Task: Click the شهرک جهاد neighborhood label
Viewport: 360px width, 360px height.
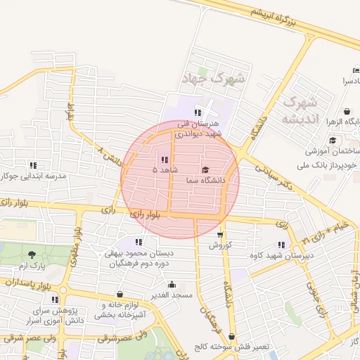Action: coord(214,78)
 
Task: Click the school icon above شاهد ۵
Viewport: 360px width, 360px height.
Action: coord(165,160)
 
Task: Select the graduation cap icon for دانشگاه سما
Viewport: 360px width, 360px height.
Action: coord(205,169)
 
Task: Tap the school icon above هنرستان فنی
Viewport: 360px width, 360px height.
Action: coord(198,112)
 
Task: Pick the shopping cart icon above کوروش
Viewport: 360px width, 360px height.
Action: coord(220,235)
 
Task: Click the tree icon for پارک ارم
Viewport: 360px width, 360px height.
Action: coord(32,255)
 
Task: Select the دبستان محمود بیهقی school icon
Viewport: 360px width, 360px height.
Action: coord(130,243)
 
